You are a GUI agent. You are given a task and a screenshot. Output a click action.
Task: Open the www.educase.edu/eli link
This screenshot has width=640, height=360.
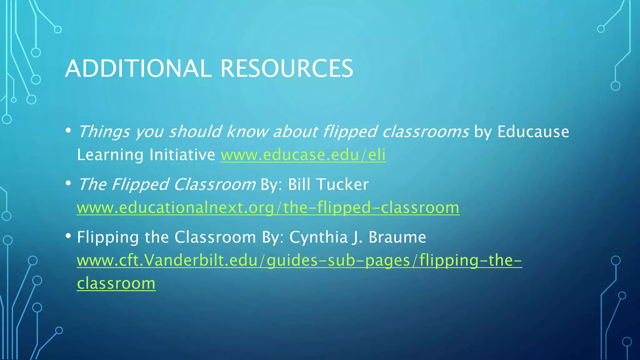pyautogui.click(x=303, y=155)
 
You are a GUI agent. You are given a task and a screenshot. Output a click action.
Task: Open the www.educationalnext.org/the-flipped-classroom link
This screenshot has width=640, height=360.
pyautogui.click(x=268, y=207)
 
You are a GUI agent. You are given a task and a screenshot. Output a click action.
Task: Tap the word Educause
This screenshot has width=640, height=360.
pyautogui.click(x=533, y=132)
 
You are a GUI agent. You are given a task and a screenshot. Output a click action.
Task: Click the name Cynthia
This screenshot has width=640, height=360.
pyautogui.click(x=318, y=237)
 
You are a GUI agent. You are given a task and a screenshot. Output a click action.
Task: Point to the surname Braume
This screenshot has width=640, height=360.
pyautogui.click(x=397, y=237)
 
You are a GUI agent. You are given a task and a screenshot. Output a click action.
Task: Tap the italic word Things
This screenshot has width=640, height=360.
pyautogui.click(x=103, y=132)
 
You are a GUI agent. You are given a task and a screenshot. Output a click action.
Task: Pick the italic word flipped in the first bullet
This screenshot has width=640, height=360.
pyautogui.click(x=350, y=132)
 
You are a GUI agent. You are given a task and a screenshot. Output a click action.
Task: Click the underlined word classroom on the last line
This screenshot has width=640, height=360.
pyautogui.click(x=116, y=283)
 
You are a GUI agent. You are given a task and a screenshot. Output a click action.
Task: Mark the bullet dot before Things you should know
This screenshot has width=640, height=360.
pyautogui.click(x=68, y=130)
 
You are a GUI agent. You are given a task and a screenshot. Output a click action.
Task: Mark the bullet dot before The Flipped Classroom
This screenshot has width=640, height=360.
pyautogui.click(x=68, y=183)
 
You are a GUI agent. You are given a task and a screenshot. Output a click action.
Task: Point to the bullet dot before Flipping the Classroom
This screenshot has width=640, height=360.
pyautogui.click(x=68, y=236)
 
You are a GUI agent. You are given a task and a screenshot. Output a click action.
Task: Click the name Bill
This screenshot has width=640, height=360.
pyautogui.click(x=299, y=184)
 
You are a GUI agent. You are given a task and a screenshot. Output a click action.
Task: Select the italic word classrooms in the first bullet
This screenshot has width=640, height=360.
pyautogui.click(x=426, y=132)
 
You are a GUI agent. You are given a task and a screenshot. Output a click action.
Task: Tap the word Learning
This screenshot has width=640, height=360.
pyautogui.click(x=110, y=155)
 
